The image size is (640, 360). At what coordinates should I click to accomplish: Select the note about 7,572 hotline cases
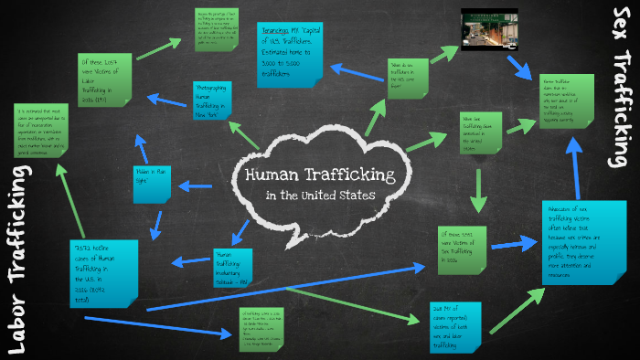click(x=103, y=270)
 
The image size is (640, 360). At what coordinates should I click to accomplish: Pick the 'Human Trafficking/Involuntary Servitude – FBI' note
click(x=233, y=267)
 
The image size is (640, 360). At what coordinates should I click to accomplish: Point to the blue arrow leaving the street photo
click(x=527, y=63)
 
